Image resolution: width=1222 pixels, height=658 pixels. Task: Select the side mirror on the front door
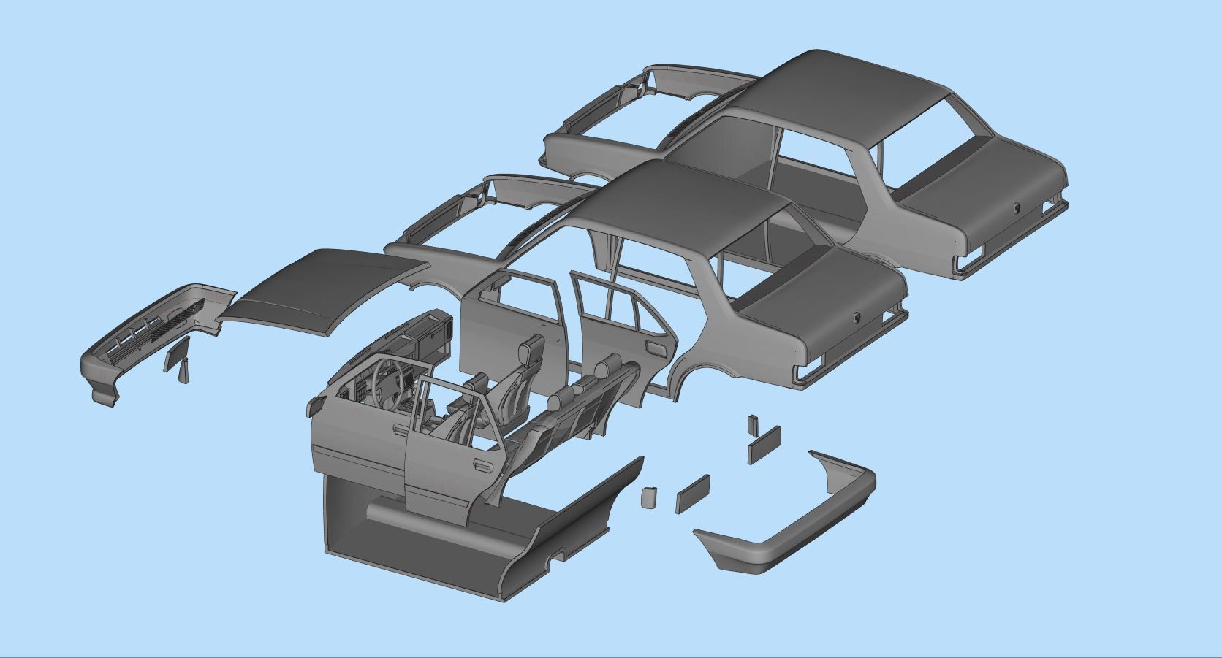[x=315, y=406]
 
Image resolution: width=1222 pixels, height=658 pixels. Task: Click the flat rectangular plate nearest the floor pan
[x=693, y=494]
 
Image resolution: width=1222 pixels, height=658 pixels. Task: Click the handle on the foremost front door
[x=398, y=432]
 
